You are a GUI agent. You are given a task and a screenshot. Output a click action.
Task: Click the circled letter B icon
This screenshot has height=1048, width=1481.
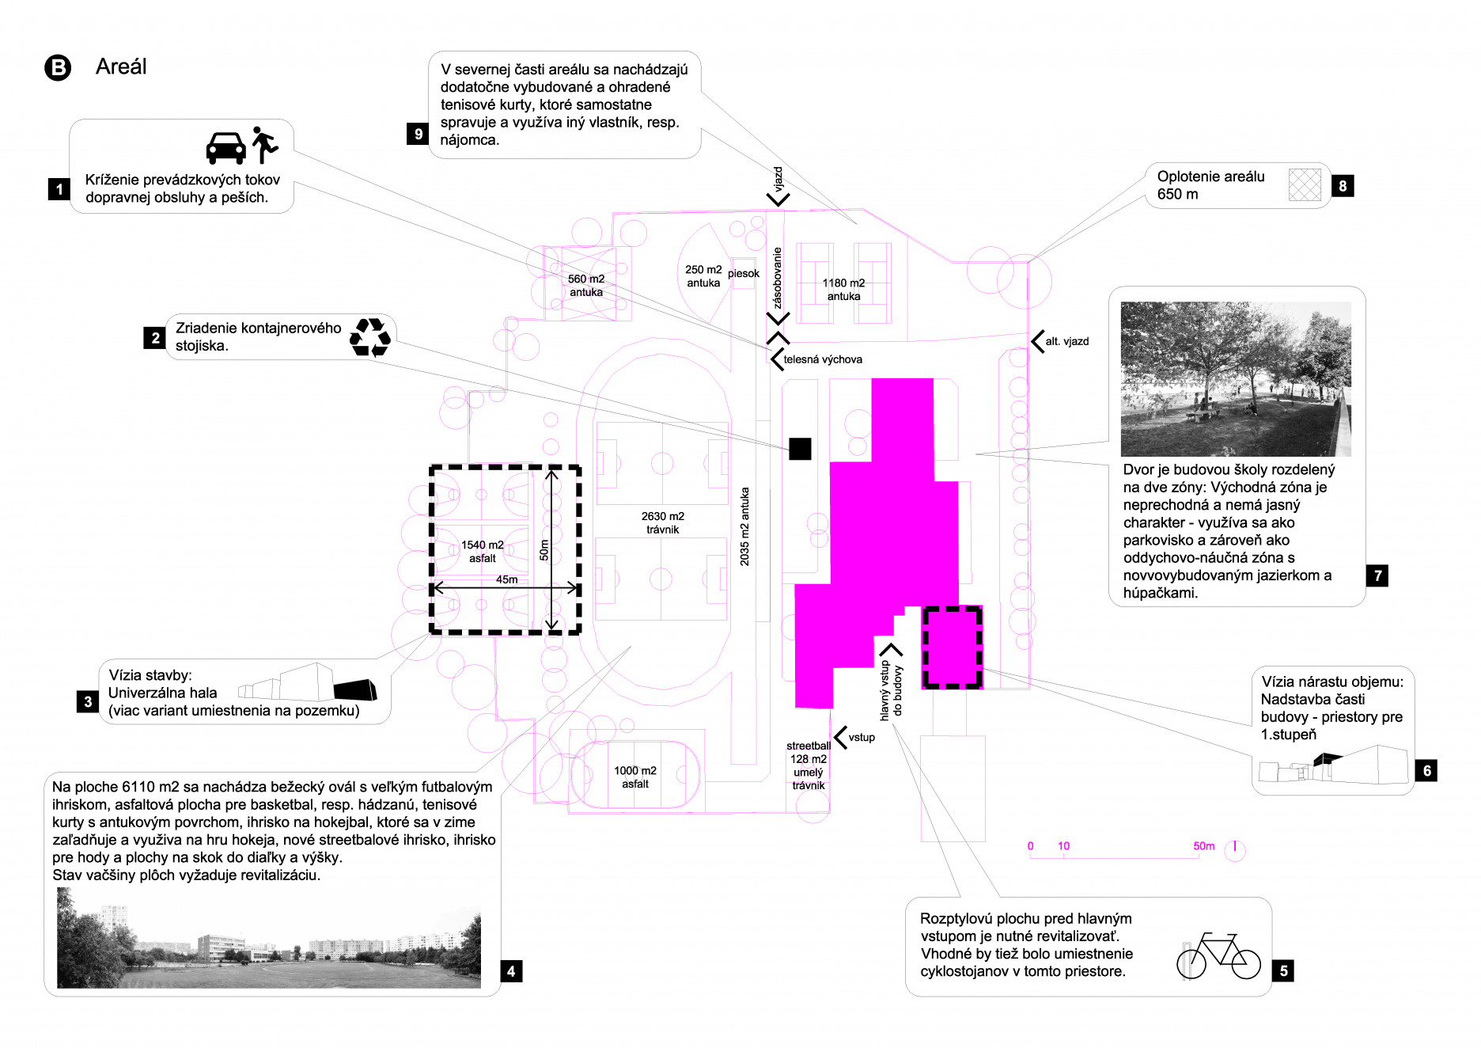[58, 68]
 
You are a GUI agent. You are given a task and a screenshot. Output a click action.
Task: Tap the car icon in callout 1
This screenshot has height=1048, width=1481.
[225, 147]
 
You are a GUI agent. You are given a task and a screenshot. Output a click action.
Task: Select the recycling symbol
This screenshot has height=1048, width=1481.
[370, 337]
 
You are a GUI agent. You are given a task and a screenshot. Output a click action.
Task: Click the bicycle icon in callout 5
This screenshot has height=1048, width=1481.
[1218, 956]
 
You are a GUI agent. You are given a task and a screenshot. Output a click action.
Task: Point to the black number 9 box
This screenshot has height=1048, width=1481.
[418, 134]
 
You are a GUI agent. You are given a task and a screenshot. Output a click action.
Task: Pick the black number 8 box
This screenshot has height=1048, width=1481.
[1343, 186]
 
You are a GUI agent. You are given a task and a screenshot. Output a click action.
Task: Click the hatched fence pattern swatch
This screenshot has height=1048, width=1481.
[1305, 185]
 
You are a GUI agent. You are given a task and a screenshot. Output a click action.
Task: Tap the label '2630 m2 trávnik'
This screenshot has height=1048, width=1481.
[663, 522]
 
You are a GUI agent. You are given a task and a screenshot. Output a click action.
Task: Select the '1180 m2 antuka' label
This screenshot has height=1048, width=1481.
[843, 290]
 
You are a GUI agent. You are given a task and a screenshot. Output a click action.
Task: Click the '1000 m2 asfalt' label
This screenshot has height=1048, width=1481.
[635, 777]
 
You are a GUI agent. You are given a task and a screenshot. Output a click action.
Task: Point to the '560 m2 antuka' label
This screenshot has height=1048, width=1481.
[586, 286]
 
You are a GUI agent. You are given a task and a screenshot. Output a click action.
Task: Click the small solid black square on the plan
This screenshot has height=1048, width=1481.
[800, 449]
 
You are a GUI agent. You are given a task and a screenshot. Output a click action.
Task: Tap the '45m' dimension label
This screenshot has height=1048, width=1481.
[506, 579]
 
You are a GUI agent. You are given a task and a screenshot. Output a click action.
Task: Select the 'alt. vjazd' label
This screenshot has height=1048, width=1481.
[1066, 341]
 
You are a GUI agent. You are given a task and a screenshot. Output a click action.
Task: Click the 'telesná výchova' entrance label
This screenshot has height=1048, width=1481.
[823, 359]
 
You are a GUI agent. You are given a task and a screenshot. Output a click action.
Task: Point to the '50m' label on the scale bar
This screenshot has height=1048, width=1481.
[1203, 846]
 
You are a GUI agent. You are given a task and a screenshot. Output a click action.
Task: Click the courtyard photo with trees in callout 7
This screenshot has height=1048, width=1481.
[1236, 378]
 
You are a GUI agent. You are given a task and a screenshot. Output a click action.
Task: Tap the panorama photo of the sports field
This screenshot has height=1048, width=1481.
[269, 938]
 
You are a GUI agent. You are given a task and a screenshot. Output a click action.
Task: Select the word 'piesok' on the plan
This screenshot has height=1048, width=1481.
[744, 274]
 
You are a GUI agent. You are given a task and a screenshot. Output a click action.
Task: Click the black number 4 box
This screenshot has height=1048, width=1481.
[511, 971]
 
